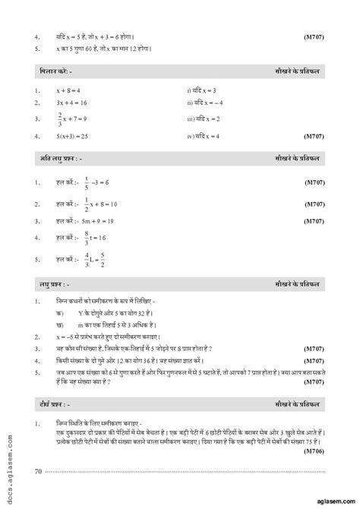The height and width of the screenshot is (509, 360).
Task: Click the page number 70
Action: click(38, 472)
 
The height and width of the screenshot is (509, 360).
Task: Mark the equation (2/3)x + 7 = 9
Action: click(74, 119)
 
